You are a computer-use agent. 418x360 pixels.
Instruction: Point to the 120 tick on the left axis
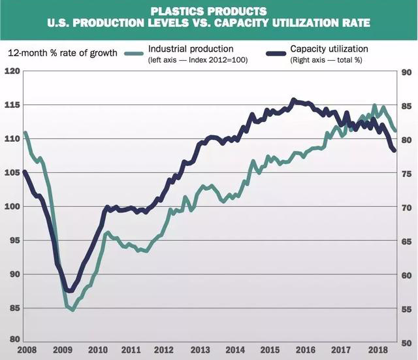[11, 71]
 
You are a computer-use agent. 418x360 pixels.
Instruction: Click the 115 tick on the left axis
[11, 105]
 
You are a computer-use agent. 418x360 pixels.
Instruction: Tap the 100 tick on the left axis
[11, 206]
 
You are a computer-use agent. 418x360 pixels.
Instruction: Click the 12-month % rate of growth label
[63, 52]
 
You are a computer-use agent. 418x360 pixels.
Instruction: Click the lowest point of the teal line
[72, 310]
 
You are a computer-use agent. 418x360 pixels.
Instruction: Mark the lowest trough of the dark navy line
[69, 291]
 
